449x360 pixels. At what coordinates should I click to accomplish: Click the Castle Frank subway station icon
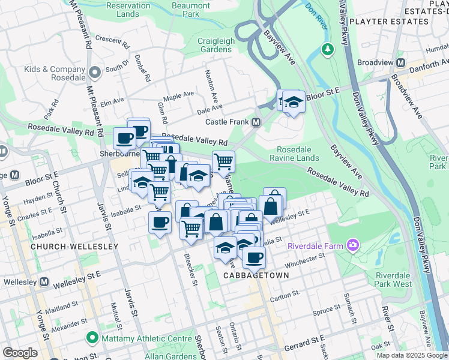pyautogui.click(x=256, y=122)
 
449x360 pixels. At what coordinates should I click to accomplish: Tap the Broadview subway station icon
pyautogui.click(x=406, y=62)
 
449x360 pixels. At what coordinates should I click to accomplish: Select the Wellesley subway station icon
pyautogui.click(x=44, y=282)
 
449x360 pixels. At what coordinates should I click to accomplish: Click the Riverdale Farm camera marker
pyautogui.click(x=352, y=245)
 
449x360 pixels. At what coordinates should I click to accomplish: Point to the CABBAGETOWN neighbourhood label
pyautogui.click(x=256, y=275)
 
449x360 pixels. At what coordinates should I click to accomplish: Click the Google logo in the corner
pyautogui.click(x=20, y=353)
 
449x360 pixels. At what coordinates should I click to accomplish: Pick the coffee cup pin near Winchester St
pyautogui.click(x=255, y=257)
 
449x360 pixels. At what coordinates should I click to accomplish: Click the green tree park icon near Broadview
pyautogui.click(x=328, y=48)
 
